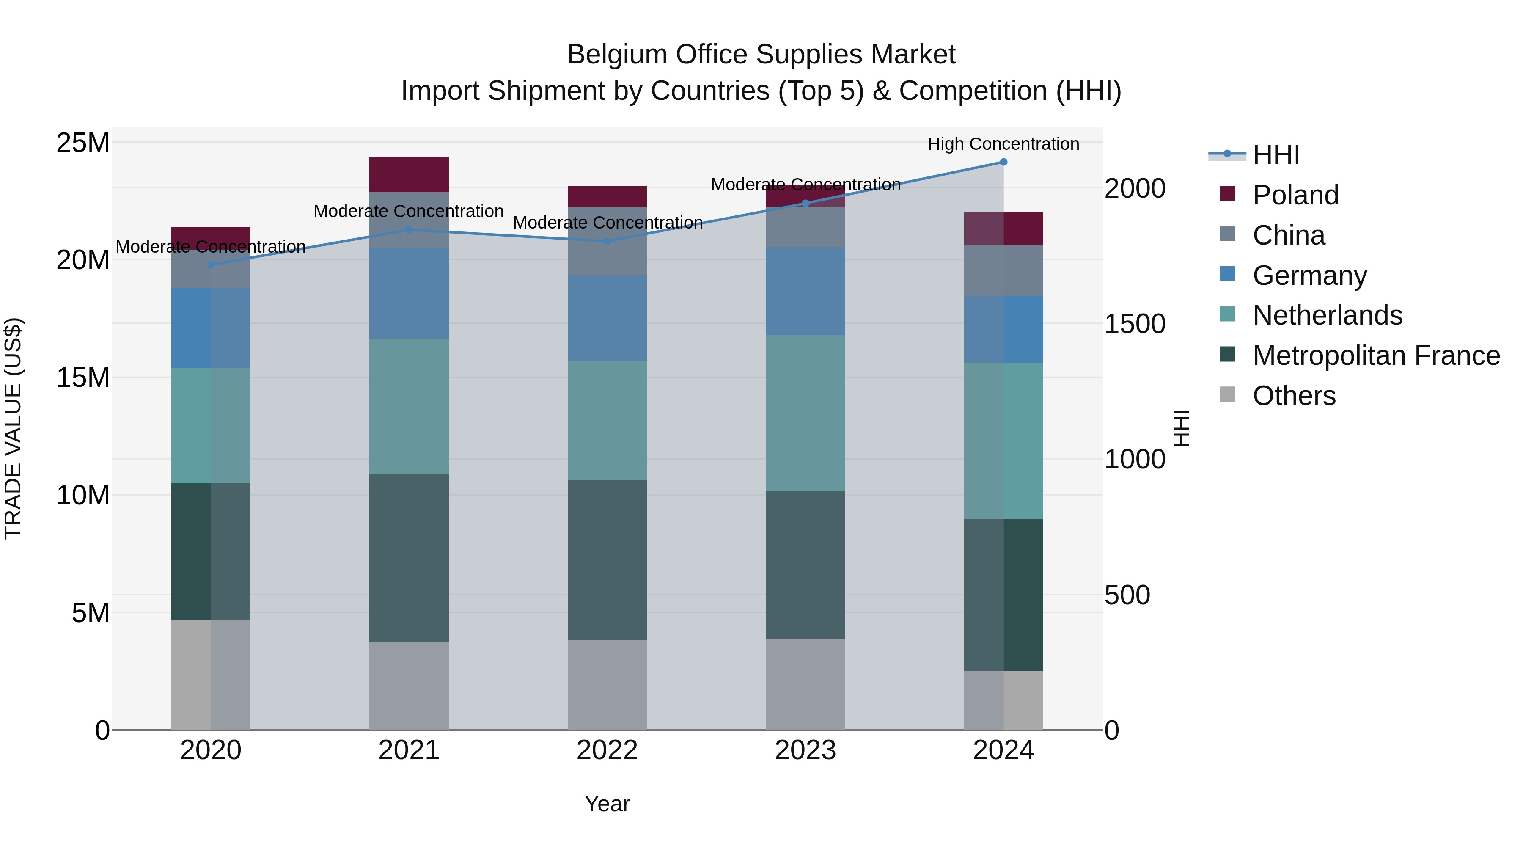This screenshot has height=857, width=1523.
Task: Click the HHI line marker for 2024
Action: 1003,162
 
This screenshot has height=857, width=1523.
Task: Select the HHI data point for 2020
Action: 211,265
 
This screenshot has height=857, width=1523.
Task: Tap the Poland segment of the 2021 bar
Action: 409,174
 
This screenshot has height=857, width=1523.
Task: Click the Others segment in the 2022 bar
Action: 607,684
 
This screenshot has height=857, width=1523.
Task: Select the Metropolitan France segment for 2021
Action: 409,558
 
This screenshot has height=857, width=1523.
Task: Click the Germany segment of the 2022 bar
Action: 607,318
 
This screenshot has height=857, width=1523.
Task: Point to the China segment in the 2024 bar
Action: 1003,270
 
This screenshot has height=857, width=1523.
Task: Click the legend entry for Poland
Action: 1295,195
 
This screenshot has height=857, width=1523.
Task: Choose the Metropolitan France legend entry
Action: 1375,355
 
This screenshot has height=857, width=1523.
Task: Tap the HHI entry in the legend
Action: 1276,155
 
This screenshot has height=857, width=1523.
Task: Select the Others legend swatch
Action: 1227,394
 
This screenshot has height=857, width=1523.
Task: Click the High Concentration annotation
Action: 1003,144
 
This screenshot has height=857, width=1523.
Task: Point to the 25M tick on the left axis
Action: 83,143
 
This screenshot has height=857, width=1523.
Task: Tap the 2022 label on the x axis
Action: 607,750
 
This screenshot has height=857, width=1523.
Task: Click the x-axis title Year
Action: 607,804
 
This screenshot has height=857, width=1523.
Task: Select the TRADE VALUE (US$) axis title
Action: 13,428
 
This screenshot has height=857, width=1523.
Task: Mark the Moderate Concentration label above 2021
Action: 409,211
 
